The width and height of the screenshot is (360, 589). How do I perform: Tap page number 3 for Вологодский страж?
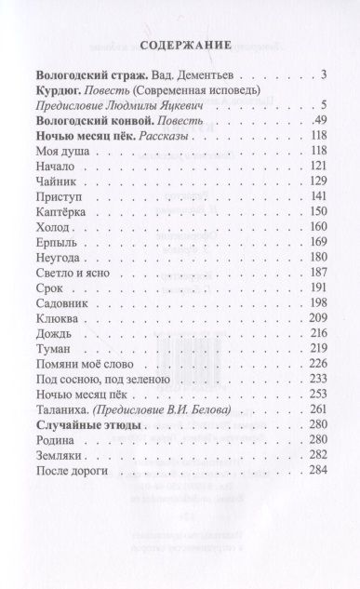tap(320, 74)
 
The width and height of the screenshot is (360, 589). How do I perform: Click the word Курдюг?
tap(55, 90)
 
